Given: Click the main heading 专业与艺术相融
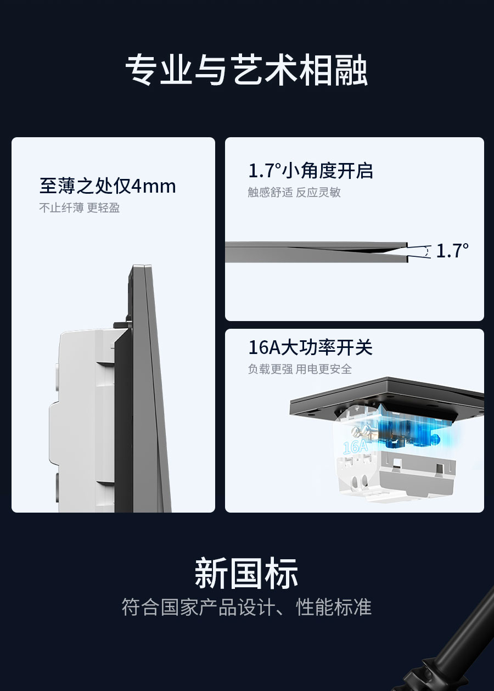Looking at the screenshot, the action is click(246, 70).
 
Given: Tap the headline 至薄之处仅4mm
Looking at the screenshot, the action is click(108, 186).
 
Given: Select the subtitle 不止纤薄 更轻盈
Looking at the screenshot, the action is click(79, 207).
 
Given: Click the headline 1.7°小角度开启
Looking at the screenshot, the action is click(311, 171).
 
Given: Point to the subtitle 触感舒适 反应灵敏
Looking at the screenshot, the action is click(294, 192).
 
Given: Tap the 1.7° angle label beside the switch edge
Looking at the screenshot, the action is click(452, 250).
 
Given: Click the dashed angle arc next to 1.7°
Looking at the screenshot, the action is click(427, 251).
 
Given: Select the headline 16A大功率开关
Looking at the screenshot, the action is click(311, 347).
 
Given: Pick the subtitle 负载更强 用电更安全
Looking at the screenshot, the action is click(300, 369).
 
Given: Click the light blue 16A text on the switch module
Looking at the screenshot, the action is click(355, 446).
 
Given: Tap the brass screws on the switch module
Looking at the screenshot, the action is click(361, 429).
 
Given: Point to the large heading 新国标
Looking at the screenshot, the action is click(246, 573).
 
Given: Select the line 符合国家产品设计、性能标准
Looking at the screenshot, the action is click(246, 607).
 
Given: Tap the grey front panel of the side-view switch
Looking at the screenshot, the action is click(151, 389).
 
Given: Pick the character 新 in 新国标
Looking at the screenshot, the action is click(211, 573).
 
